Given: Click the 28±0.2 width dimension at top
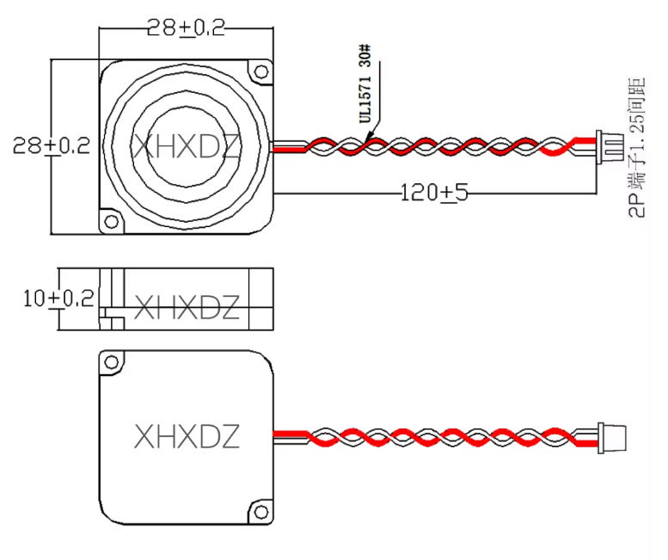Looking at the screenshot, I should tap(186, 28).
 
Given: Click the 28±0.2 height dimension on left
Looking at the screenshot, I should tap(52, 145).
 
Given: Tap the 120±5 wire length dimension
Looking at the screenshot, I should tap(435, 192).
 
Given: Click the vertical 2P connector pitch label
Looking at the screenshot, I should tap(637, 147).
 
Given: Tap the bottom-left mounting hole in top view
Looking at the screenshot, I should tap(111, 222).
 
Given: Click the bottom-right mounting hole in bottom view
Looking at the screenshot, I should tap(258, 511).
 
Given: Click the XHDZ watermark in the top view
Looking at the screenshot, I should tap(186, 145).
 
